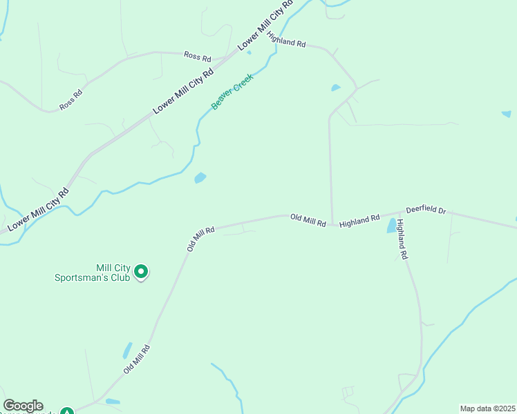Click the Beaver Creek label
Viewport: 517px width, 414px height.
coord(233,91)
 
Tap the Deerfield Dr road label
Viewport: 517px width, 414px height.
coord(426,209)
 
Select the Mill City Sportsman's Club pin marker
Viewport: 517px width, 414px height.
coord(141,272)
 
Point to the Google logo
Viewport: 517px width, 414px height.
coord(23,406)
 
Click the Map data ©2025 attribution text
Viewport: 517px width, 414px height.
coord(487,408)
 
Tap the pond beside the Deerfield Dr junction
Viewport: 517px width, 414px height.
coord(392,226)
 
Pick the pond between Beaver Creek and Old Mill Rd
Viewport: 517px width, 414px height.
coord(200,178)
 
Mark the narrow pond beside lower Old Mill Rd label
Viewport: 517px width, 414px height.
coord(127,350)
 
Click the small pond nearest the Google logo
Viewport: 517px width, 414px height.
coord(113,401)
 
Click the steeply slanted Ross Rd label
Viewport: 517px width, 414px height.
coord(71,99)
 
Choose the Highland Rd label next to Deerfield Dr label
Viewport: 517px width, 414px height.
coord(359,219)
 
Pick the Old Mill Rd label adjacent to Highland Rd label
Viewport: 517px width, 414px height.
coord(308,220)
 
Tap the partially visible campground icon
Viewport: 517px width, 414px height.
coord(66,411)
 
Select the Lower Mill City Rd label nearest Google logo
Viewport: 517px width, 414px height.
coord(39,209)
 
